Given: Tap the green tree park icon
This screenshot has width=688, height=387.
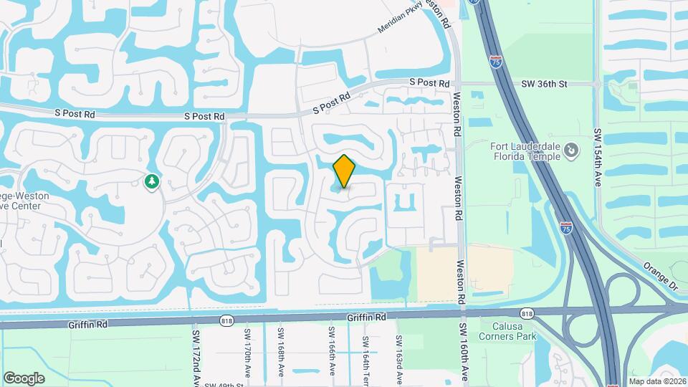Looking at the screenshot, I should point(151,182).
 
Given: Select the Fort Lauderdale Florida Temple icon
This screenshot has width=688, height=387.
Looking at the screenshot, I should point(570,150).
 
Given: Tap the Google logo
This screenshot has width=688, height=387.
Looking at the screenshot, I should point(24,378).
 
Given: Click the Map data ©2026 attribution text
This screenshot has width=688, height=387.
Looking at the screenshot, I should point(656,381).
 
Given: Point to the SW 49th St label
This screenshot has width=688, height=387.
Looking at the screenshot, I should point(221,385).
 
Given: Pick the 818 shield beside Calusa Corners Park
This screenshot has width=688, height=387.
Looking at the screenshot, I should point(527,313).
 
